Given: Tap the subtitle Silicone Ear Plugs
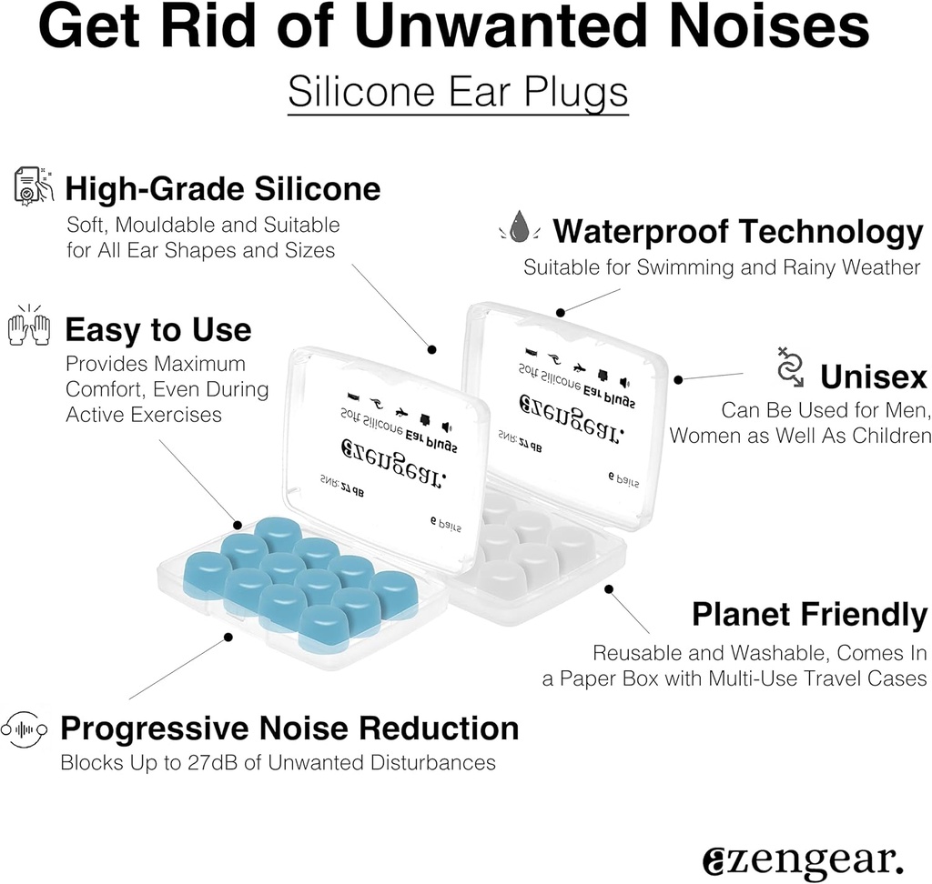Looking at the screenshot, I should point(458,92).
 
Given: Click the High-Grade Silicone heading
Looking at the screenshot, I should point(222,189).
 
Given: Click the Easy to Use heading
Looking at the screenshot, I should point(157,329).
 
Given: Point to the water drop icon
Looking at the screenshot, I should point(519,227).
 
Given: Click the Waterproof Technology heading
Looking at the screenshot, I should point(737,232).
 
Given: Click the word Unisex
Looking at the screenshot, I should point(873,377).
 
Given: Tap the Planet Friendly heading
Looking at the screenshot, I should point(809,614).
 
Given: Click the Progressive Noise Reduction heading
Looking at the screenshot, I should point(289,728).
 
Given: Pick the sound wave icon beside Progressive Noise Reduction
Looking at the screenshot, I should point(25,728).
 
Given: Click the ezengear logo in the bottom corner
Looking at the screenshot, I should point(804,858).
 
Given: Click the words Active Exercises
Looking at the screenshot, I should point(144,415).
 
